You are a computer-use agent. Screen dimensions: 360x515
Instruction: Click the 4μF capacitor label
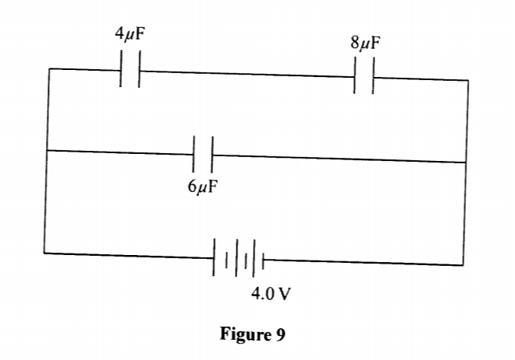[129, 34]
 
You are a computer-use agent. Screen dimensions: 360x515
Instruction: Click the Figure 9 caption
[253, 335]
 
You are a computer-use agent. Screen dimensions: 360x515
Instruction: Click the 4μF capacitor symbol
[130, 70]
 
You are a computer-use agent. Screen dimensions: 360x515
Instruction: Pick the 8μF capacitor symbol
[364, 77]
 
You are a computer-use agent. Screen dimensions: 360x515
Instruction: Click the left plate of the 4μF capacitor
[121, 70]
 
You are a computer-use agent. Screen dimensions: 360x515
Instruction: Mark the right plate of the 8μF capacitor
[373, 77]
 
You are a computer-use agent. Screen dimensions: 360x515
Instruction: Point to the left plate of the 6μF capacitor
[194, 155]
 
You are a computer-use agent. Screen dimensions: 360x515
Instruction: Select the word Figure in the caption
[244, 335]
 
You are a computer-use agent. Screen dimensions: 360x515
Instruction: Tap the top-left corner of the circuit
[48, 68]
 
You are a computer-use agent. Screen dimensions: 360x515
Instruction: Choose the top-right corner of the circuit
[468, 79]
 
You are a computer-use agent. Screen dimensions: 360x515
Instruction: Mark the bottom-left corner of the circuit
[44, 253]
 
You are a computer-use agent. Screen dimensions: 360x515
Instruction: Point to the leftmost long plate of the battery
[215, 257]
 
